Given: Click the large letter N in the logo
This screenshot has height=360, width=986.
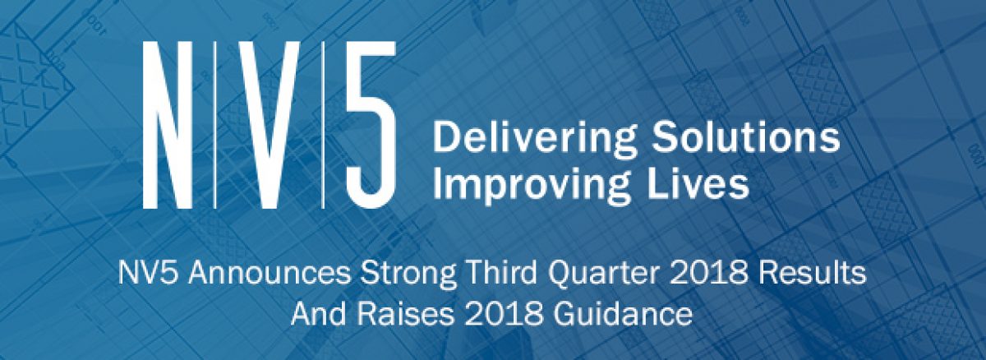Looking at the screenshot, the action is click(168, 125).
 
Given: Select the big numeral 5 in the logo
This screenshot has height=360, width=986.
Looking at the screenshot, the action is click(370, 125).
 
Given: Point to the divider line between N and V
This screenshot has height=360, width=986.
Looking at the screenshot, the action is click(214, 125).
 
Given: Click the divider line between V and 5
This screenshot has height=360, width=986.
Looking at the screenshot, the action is click(323, 125).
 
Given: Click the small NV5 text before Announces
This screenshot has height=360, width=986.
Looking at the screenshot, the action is click(150, 273).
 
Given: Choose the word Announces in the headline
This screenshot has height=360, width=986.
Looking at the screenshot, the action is click(270, 273).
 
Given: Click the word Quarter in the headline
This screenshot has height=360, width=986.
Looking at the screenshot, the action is click(605, 274).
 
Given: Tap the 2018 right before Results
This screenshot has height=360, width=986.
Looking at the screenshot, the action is click(710, 273).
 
